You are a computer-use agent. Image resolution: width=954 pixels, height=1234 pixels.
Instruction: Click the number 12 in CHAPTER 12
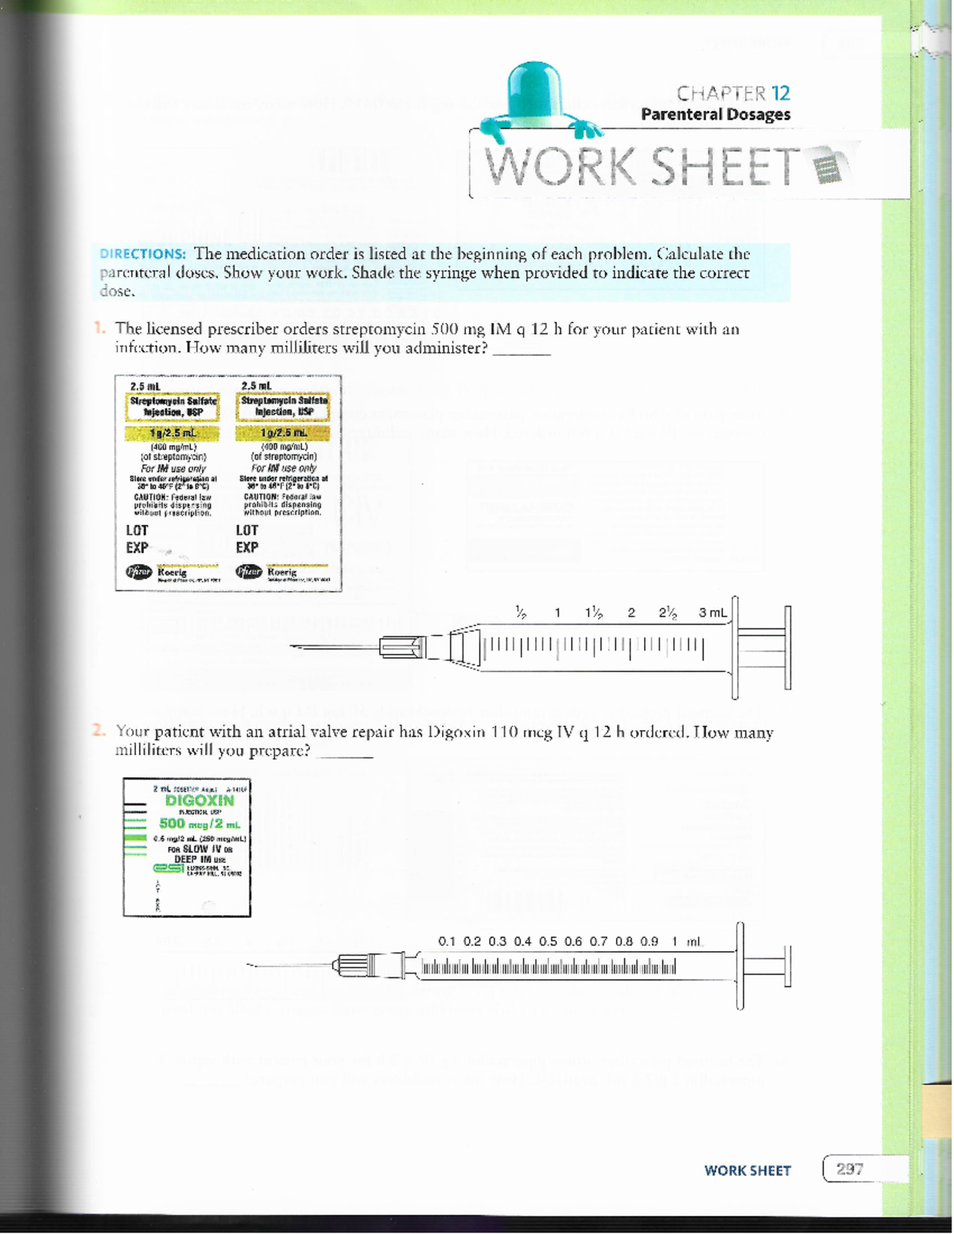[780, 93]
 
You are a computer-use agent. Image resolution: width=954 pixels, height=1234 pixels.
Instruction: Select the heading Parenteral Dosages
[715, 114]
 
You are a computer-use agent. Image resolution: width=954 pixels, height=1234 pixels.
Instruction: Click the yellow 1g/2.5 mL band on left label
[173, 433]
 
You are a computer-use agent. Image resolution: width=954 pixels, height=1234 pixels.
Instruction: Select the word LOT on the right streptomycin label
[246, 530]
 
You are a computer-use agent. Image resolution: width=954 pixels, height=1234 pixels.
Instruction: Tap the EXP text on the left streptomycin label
[137, 547]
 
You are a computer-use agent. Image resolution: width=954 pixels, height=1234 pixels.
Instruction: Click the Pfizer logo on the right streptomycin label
[249, 572]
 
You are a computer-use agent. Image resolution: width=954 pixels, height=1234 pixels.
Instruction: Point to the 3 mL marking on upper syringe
[712, 613]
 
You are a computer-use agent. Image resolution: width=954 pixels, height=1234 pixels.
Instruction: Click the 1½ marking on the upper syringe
[593, 613]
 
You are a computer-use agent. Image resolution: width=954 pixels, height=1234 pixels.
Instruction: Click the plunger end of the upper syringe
[787, 648]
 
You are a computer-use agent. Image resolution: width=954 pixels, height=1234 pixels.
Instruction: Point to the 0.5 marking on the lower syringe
[548, 942]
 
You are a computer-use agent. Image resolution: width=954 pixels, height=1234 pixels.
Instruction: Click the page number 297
[849, 1169]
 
